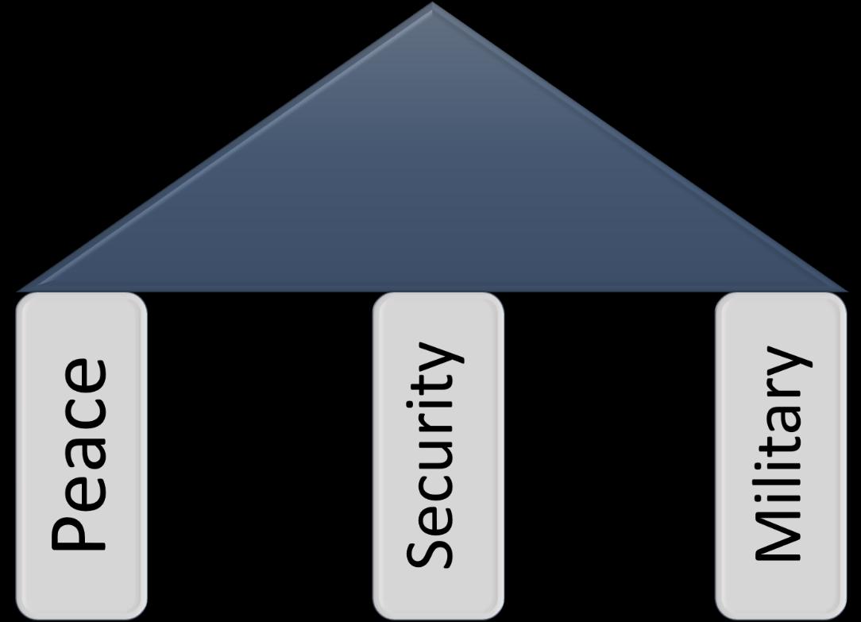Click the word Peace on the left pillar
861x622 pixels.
[x=79, y=454]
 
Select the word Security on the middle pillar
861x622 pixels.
[x=433, y=454]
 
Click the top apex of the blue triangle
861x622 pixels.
[x=432, y=6]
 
